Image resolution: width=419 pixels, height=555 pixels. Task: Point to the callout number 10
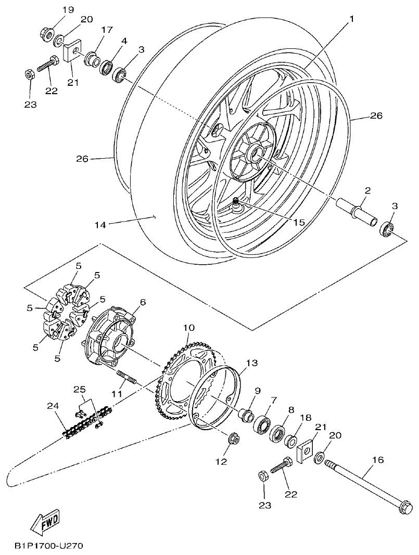pyautogui.click(x=188, y=328)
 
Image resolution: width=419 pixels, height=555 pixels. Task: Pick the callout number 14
pyautogui.click(x=100, y=225)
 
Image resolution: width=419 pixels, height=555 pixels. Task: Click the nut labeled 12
pyautogui.click(x=233, y=441)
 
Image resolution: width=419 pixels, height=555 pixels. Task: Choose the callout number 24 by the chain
pyautogui.click(x=53, y=406)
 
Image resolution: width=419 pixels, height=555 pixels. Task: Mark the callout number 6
pyautogui.click(x=143, y=302)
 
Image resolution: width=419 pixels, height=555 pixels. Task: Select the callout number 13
pyautogui.click(x=252, y=363)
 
